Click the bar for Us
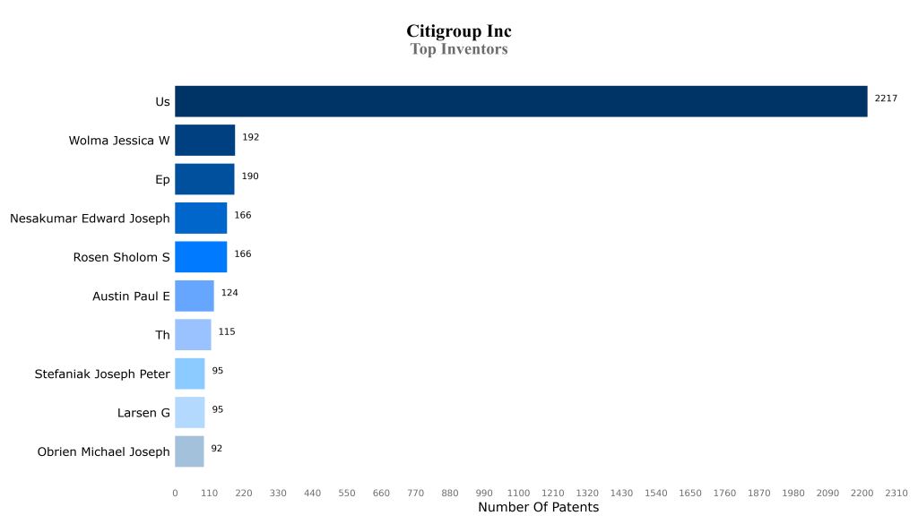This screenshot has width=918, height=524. (x=521, y=101)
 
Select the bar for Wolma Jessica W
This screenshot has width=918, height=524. (x=204, y=141)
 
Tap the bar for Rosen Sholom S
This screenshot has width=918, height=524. (x=201, y=257)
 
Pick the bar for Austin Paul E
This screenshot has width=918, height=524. (x=194, y=296)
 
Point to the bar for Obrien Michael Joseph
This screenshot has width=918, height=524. (x=189, y=451)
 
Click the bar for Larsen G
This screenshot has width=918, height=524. (x=189, y=412)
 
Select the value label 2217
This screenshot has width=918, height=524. (x=886, y=99)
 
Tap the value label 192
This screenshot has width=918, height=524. (x=250, y=137)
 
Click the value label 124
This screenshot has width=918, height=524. (x=229, y=293)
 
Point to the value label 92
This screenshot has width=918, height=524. (x=217, y=448)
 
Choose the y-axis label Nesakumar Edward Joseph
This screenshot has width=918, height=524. (x=90, y=219)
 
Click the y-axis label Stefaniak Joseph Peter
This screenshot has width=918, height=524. (x=102, y=374)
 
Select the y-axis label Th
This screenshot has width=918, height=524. (x=162, y=335)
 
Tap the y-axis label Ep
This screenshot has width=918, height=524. (x=162, y=180)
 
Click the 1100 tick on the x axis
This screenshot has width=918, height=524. (x=518, y=494)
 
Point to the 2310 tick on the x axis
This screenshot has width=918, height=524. (x=896, y=494)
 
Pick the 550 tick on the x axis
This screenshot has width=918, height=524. (x=347, y=494)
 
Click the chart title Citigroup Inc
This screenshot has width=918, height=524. (x=459, y=32)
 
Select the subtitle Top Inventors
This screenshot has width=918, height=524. (x=459, y=49)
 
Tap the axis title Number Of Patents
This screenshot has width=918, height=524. (x=538, y=508)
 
